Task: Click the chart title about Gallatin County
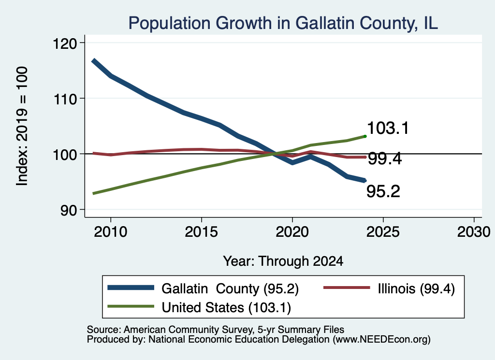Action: click(283, 23)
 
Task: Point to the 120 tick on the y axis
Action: click(65, 43)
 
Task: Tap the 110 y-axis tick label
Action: click(65, 99)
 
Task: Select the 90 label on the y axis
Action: click(69, 210)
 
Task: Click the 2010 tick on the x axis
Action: click(111, 232)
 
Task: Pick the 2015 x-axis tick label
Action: click(202, 232)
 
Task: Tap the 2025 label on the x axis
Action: click(383, 232)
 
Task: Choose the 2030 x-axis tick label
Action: click(474, 232)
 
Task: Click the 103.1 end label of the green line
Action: click(388, 128)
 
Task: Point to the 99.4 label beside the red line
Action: click(385, 158)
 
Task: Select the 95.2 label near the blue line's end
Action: click(383, 191)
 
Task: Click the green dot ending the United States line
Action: click(365, 136)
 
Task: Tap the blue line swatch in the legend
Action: click(131, 288)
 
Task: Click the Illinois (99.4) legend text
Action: click(416, 288)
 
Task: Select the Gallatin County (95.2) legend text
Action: click(230, 288)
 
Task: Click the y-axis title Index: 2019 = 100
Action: click(22, 126)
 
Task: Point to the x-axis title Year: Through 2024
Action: click(283, 261)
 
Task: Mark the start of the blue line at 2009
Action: click(93, 60)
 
